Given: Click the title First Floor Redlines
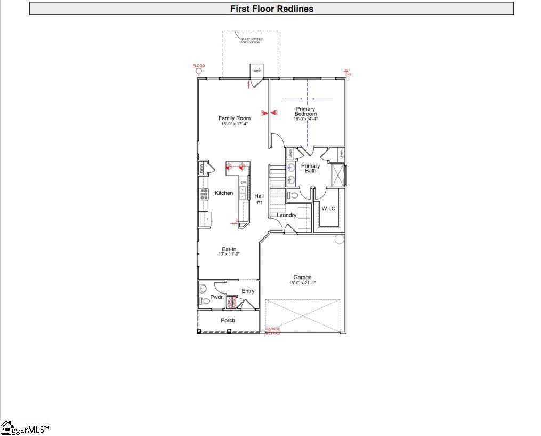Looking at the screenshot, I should [271, 9].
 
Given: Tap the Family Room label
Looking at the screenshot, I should [235, 118].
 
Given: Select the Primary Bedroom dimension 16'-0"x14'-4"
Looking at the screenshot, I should [305, 119].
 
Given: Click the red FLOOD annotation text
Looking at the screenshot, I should [198, 66].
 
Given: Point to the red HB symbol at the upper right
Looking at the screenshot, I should [348, 73].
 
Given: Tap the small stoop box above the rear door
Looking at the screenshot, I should [257, 69].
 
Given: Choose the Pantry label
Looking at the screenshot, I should [201, 169].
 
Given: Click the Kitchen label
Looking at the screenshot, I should [224, 193].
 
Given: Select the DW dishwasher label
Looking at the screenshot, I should [243, 183].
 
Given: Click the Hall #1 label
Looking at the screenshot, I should [259, 199].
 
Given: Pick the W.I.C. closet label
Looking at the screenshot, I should [329, 209].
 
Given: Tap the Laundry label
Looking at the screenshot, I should [286, 215].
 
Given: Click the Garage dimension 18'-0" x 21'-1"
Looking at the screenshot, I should [302, 283].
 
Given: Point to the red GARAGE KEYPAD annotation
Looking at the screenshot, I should [273, 331].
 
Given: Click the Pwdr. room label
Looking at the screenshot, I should [216, 297].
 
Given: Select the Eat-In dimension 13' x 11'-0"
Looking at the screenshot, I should [229, 254].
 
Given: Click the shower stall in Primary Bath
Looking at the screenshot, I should [337, 175].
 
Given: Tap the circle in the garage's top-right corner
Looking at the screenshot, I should [340, 239].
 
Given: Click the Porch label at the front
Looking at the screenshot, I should [228, 320].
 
